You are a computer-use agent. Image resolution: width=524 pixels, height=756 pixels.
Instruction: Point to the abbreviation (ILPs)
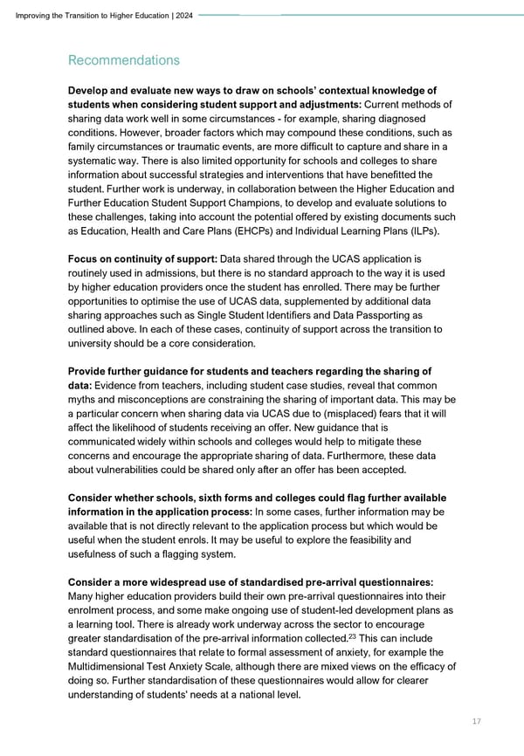point(417,230)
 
